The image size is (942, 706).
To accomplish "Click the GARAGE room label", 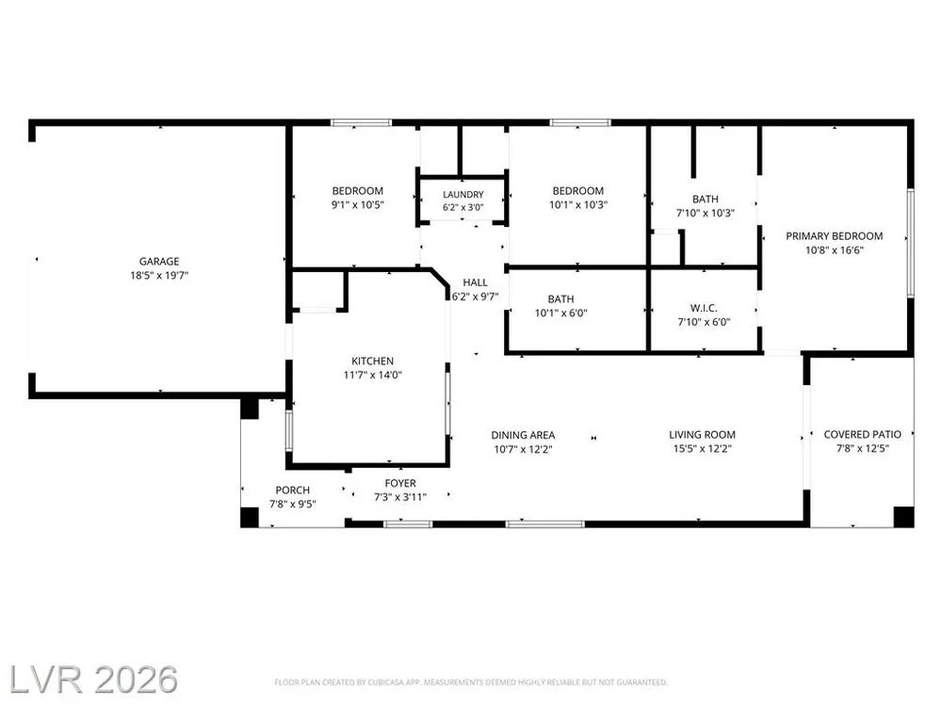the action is point(159,261).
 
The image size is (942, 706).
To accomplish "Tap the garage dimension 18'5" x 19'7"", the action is point(159,276).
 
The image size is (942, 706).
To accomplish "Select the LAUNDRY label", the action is point(463,195).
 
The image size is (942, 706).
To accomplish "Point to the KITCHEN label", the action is point(372,361).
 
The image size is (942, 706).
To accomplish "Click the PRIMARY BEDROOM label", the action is point(835,236).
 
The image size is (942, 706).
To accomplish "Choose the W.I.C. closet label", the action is point(704,308).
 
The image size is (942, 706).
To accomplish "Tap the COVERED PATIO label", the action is point(863,434).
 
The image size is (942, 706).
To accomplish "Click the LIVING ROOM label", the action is point(703,434).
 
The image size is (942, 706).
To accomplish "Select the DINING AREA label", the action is point(523,435).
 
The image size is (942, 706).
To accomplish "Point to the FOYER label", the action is point(400,483).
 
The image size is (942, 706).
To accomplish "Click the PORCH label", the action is point(293,489).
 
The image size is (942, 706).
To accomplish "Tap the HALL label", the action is point(475,282).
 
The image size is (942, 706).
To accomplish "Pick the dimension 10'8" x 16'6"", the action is point(835,250).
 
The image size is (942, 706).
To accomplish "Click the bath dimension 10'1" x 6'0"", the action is point(561,313).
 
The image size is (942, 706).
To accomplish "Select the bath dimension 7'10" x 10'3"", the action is point(706,213).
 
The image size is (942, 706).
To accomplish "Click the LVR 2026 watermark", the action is point(93,681).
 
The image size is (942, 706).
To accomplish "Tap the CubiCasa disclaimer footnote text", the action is point(471,682).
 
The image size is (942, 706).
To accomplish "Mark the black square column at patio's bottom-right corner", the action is point(904,517).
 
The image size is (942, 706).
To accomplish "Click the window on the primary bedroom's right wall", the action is point(911,243).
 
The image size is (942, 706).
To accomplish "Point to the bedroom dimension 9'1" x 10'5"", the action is point(357,204).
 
